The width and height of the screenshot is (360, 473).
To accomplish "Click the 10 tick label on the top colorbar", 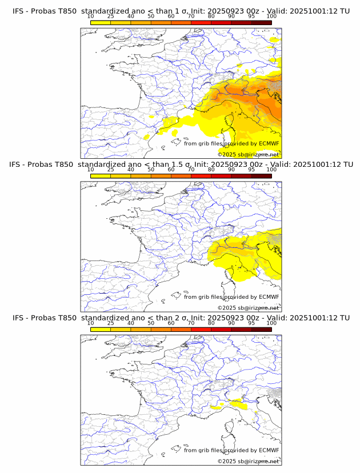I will pos(91,17).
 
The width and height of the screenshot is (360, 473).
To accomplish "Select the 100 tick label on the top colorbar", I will pos(271,17).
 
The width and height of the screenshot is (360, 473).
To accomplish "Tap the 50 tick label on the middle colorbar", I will pos(151,170).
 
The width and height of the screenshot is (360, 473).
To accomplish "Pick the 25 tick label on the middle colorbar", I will pos(111,170).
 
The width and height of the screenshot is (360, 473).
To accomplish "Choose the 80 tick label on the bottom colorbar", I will pos(211,323).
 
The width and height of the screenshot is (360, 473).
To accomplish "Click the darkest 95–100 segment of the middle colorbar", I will pos(261,176).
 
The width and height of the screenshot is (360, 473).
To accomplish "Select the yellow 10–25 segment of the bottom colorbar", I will pos(101,330).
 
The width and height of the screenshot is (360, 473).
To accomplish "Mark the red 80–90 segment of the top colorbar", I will pos(221,22).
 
